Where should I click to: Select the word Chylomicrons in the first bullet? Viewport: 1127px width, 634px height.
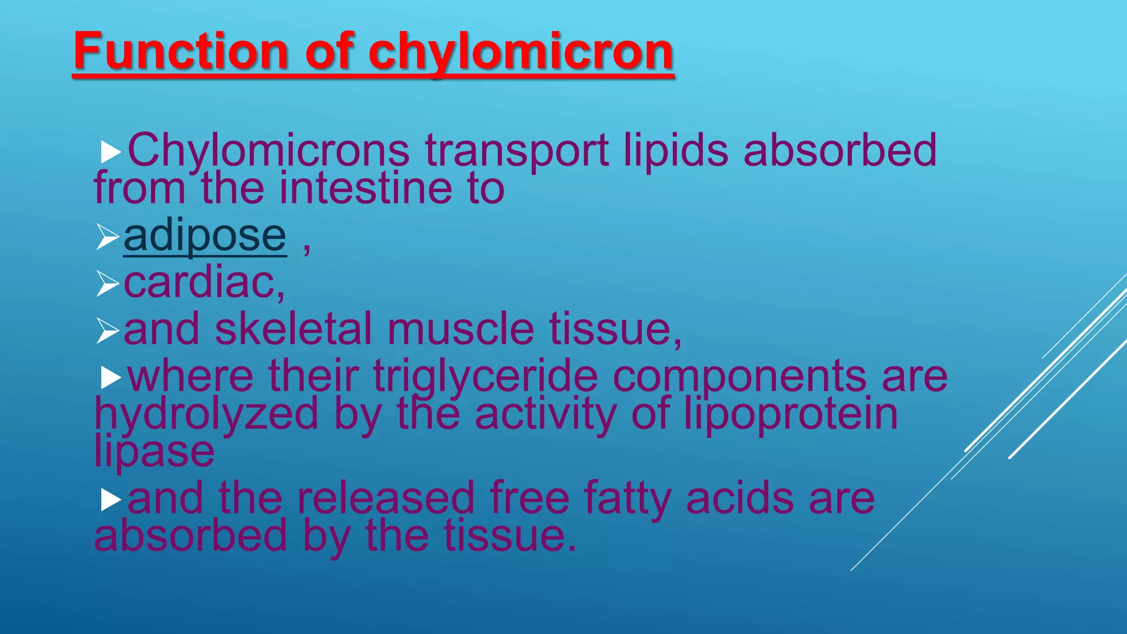269,150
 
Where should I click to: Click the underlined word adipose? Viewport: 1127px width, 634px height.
205,237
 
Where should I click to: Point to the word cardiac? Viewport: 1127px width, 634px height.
204,283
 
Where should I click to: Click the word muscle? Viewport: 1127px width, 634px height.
461,329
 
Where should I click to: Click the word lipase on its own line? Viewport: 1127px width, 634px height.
154,451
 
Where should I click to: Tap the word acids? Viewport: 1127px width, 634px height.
740,499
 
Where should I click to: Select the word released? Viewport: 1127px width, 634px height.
386,499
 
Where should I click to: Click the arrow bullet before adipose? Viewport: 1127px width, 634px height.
107,237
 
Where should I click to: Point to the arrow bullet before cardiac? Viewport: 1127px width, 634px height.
107,284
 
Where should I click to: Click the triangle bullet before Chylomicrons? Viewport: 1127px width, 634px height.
111,152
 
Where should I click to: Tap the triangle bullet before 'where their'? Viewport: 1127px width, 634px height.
111,378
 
